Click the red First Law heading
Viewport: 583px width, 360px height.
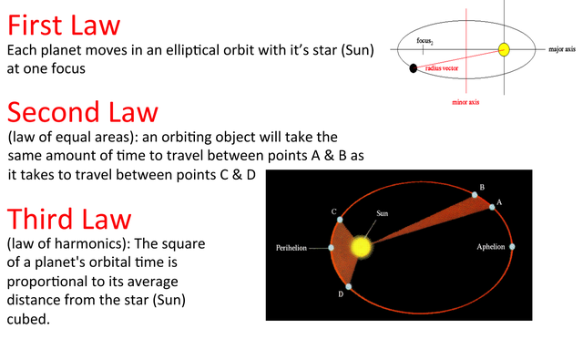coord(63,25)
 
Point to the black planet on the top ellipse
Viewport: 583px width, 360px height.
coord(414,67)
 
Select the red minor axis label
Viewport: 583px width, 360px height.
coord(465,102)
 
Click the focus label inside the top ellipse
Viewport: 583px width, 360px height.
coord(424,41)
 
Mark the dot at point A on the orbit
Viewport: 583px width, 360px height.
coord(492,208)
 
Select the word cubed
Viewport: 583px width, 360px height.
coord(28,320)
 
